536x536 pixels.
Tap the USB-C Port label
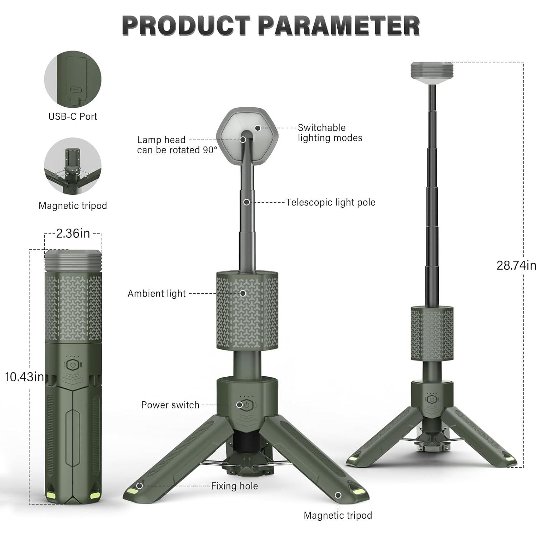click(73, 116)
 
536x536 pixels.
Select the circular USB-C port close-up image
click(73, 79)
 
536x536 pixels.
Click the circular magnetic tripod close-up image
click(73, 166)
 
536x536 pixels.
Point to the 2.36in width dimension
click(73, 233)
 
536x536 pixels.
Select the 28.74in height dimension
click(516, 265)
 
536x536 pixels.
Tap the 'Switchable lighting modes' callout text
click(330, 133)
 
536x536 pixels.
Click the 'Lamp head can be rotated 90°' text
click(177, 145)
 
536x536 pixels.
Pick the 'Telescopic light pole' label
click(330, 202)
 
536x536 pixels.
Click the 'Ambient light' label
click(156, 294)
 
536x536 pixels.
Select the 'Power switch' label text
click(170, 405)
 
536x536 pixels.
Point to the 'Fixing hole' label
click(234, 486)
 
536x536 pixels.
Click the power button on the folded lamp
click(73, 365)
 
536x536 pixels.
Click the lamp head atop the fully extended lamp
click(432, 73)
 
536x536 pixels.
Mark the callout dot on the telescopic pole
click(246, 202)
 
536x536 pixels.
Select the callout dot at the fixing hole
click(139, 486)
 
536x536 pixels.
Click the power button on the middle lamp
click(247, 405)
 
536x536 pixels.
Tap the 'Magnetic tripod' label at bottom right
click(338, 515)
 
